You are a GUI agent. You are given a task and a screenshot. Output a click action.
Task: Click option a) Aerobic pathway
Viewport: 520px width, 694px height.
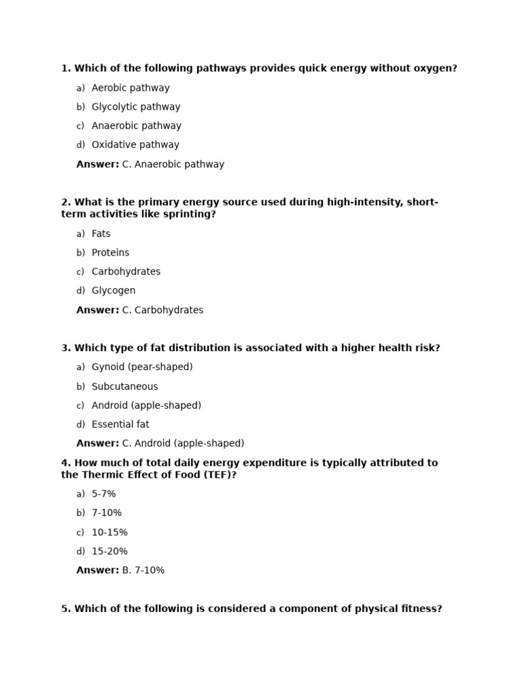[130, 88]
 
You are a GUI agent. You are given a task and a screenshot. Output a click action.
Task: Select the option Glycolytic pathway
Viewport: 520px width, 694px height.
[135, 107]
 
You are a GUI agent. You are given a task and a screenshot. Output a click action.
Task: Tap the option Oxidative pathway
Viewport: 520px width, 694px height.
[135, 145]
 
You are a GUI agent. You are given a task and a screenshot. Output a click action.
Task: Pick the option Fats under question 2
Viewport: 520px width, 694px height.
[101, 234]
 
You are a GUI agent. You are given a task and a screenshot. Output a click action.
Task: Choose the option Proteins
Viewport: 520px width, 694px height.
[110, 253]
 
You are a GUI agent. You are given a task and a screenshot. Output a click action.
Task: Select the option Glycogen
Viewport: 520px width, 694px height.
[113, 291]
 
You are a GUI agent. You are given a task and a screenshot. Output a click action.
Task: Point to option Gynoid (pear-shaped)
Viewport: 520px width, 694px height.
[142, 367]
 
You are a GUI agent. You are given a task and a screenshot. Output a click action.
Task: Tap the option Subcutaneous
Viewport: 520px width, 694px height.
[125, 386]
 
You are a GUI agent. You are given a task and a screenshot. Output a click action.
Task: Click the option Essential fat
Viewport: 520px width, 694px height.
[121, 424]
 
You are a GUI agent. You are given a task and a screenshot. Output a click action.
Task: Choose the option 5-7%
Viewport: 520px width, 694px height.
[104, 494]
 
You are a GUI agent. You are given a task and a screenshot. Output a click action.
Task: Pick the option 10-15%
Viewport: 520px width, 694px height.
[110, 533]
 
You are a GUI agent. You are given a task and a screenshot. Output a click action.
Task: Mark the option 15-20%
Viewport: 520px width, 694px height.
[110, 552]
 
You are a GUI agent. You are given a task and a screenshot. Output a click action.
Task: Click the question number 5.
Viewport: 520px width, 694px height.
[66, 609]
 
